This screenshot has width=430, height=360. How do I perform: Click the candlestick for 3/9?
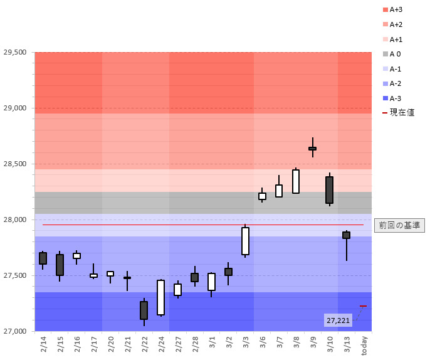coord(312,149)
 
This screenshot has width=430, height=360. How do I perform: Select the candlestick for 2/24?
coord(160,297)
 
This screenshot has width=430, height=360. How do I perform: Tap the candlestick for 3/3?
coord(245,241)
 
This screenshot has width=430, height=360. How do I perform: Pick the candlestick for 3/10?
coord(329,189)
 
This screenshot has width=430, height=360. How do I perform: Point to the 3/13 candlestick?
coord(346,235)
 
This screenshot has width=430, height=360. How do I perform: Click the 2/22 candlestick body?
coord(144,310)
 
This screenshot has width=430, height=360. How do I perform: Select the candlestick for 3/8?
coord(296,181)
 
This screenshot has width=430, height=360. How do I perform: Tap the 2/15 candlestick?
coord(60,265)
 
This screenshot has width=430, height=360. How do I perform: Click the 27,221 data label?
coord(338,320)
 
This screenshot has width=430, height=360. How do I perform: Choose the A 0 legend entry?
coord(393,54)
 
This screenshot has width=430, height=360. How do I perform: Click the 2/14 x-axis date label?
coord(43,344)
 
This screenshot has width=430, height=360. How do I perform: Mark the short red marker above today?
coord(363,306)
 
